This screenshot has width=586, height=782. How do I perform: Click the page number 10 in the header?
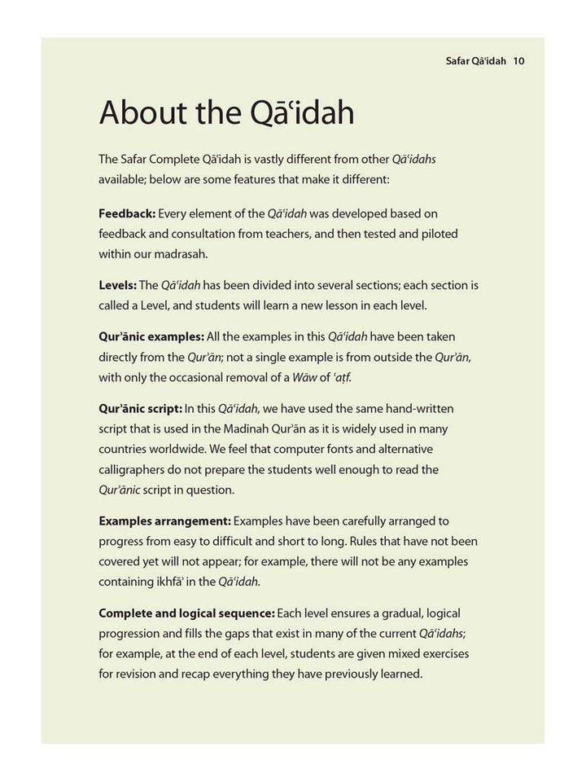click(519, 60)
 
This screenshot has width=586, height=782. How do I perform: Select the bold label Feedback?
click(126, 214)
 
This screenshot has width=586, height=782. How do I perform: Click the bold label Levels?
click(117, 285)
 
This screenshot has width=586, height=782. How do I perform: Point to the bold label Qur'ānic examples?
click(151, 336)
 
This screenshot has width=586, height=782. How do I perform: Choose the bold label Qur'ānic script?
click(140, 408)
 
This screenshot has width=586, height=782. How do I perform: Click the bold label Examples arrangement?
click(164, 521)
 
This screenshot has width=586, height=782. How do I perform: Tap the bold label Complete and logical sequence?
click(186, 613)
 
